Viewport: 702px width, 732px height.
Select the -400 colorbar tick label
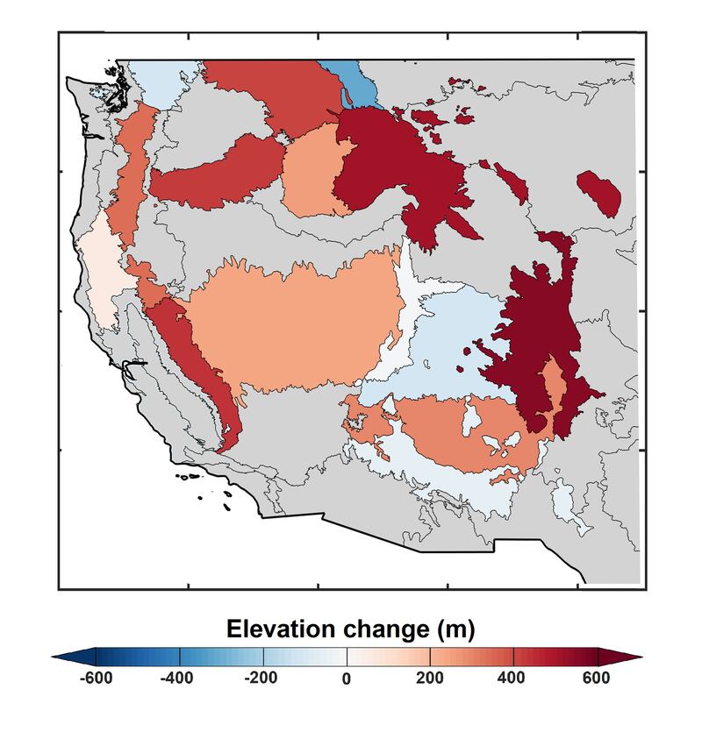click(180, 678)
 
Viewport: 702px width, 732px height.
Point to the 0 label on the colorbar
click(347, 678)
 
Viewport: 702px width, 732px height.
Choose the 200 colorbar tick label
click(430, 678)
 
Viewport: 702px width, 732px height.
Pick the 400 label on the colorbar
click(513, 678)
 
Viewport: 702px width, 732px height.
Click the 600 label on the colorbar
click(596, 678)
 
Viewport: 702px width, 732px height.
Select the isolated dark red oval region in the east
click(598, 191)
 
